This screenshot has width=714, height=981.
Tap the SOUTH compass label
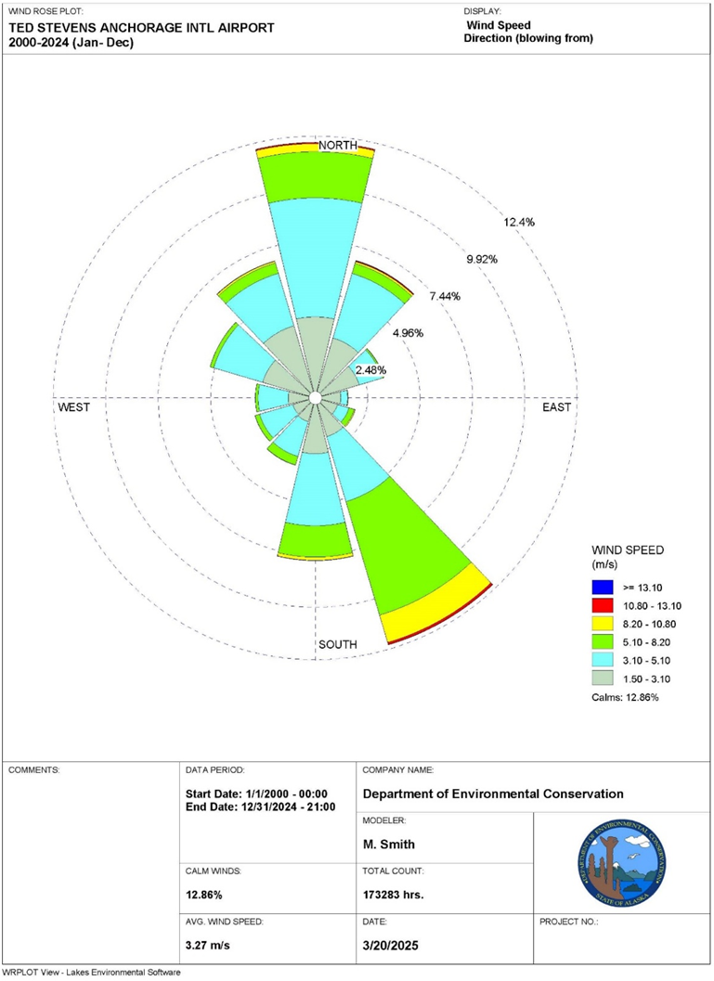338,644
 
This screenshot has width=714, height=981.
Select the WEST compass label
74,407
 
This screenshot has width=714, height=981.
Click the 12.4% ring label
519,223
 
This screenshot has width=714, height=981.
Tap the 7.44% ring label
445,296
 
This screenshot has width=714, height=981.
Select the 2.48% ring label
370,370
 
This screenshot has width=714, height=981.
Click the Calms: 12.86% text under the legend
624,696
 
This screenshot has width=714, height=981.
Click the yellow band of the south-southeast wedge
436,613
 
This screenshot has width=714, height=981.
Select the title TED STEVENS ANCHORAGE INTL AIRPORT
141,28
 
